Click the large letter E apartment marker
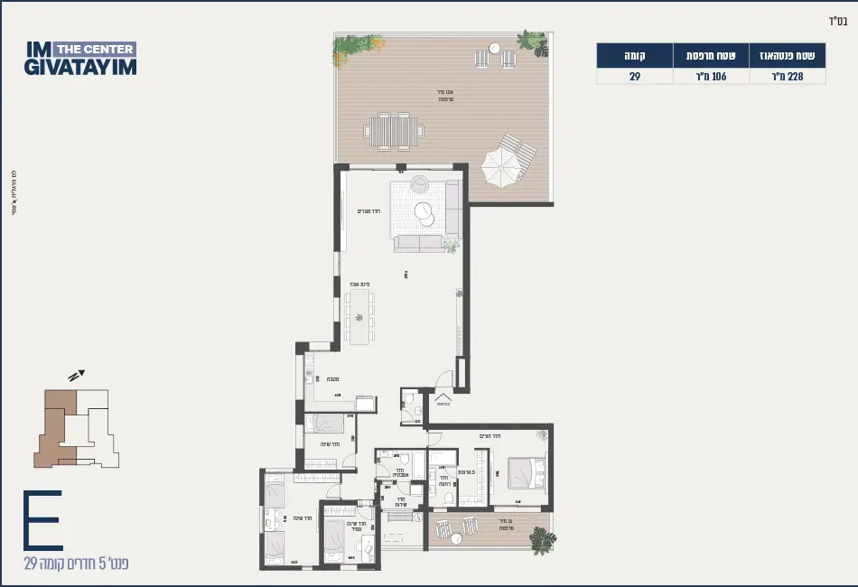(x=42, y=521)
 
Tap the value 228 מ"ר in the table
(x=788, y=77)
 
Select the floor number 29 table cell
(x=635, y=77)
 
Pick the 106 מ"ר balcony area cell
(x=712, y=77)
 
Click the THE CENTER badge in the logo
(x=95, y=49)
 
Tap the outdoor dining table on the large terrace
(x=393, y=132)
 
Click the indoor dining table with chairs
(x=359, y=316)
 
